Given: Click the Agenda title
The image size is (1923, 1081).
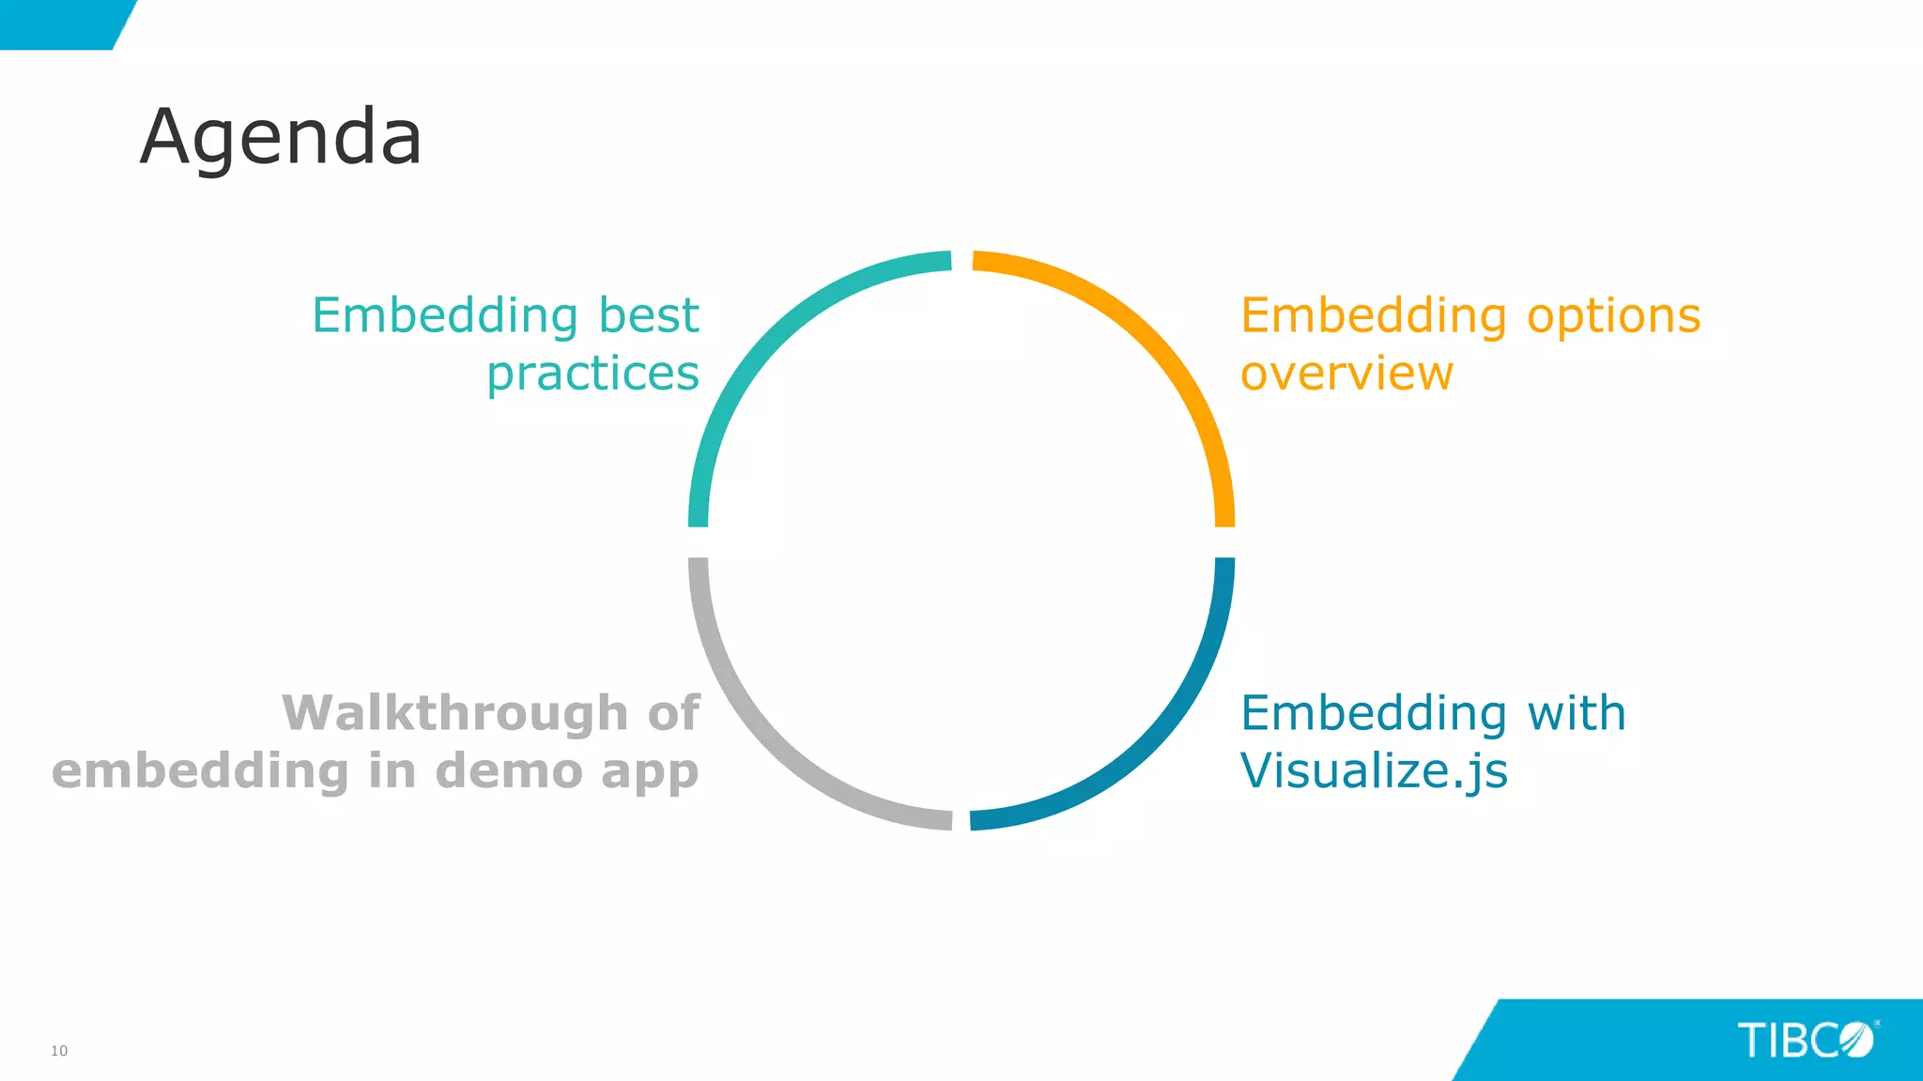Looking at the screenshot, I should pos(281,138).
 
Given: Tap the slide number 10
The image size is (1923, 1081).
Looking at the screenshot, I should pos(59,1051).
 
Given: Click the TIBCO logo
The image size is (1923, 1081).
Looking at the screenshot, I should pos(1807,1041).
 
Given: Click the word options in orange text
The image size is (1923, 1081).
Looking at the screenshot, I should pos(1613,316).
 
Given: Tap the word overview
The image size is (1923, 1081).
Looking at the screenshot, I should pos(1346,373).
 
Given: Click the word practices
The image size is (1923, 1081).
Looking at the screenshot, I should pos(592,373).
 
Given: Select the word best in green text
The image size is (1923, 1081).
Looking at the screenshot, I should pos(649,315).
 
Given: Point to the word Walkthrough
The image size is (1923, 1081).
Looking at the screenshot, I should pos(455,713).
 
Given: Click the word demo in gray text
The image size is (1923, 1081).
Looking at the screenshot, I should pos(508,771).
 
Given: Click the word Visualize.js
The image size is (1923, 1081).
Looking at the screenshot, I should pos(1374,771).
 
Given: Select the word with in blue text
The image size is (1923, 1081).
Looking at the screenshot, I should pos(1577,713).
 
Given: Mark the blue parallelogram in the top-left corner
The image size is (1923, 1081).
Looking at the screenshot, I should pos(61,23).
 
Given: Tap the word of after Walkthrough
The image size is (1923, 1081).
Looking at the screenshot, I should pos(673,713).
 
